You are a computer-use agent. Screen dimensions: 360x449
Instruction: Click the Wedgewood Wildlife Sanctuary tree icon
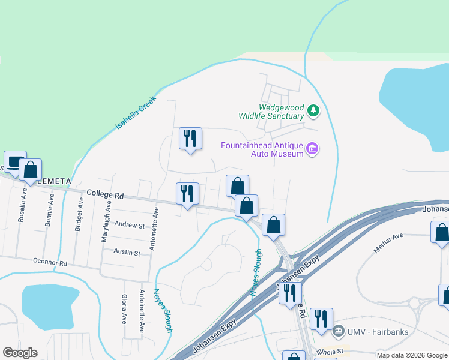click(313, 111)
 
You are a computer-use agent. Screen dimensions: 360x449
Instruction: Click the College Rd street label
click(105, 194)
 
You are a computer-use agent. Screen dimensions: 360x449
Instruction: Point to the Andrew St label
click(130, 226)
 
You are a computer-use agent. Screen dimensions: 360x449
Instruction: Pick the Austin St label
click(127, 253)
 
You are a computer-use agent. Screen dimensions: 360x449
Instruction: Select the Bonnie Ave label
click(50, 211)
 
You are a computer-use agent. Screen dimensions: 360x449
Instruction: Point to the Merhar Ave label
click(388, 243)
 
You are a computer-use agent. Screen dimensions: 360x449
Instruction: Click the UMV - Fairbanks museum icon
click(338, 331)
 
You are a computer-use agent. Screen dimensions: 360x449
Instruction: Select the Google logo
click(20, 353)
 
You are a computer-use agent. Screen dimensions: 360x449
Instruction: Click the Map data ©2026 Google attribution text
click(412, 355)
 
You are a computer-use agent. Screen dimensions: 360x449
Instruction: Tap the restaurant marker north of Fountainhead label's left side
click(190, 139)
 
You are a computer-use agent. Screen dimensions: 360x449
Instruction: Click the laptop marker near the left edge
click(15, 162)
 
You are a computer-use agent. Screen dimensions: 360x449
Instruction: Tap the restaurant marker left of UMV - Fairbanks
click(321, 319)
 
